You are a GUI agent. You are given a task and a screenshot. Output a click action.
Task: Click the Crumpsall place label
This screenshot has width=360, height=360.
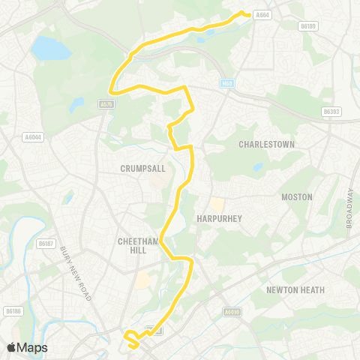click(142, 169)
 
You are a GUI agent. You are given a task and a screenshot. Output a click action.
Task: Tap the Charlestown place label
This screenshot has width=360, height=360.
click(266, 143)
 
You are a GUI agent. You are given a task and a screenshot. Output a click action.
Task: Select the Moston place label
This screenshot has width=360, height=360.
click(296, 196)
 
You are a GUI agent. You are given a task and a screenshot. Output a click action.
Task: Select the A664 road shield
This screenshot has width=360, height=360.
click(262, 14)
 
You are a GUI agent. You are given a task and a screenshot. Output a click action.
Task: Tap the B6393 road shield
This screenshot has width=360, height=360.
click(331, 111)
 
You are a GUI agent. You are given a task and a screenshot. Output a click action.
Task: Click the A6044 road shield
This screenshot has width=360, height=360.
click(33, 136)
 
